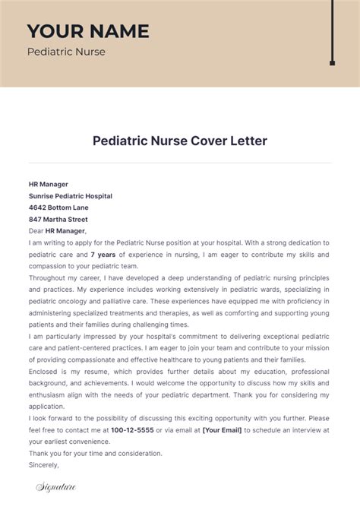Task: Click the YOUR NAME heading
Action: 88,31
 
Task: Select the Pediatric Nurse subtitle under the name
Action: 66,52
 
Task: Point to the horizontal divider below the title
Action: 180,163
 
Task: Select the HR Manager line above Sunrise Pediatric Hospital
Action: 49,184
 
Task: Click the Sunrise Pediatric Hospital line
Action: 71,196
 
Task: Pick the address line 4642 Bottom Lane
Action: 58,207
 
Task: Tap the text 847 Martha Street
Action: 58,219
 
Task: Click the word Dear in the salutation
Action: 36,231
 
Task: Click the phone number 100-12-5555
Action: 132,430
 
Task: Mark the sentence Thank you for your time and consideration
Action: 95,454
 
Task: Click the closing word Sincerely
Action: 44,465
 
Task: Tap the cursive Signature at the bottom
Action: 55,487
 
